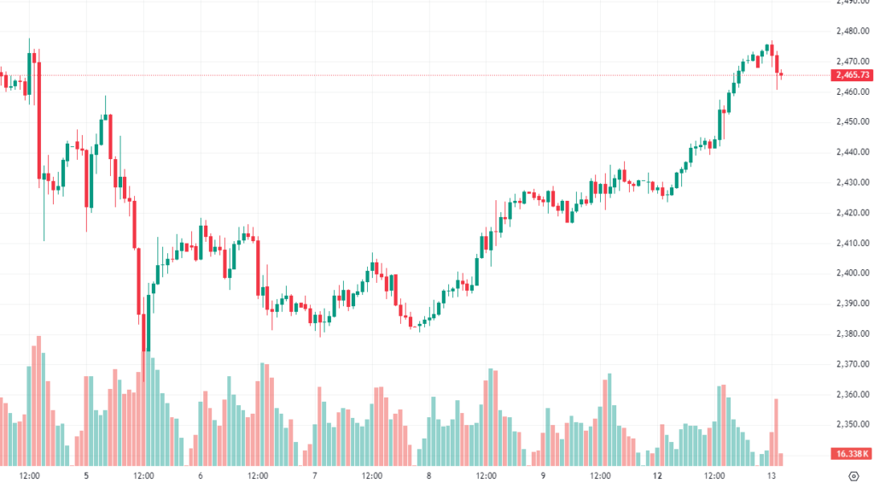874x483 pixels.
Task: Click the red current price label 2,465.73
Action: pyautogui.click(x=853, y=75)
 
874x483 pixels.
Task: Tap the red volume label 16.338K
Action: pyautogui.click(x=853, y=454)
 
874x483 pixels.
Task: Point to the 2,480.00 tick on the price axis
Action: pyautogui.click(x=853, y=31)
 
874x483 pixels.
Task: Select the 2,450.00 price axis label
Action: pyautogui.click(x=853, y=121)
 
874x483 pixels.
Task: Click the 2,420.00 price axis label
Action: pyautogui.click(x=853, y=213)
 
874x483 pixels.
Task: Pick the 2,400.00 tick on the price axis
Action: pyautogui.click(x=853, y=274)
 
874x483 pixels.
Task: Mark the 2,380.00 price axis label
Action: pyautogui.click(x=853, y=333)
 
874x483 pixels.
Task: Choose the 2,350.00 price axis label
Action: pyautogui.click(x=853, y=425)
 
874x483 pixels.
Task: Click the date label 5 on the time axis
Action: pyautogui.click(x=86, y=474)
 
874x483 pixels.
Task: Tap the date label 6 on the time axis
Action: pyautogui.click(x=200, y=474)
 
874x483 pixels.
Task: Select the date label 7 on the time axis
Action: pyautogui.click(x=315, y=474)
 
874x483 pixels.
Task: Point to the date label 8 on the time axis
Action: pyautogui.click(x=428, y=474)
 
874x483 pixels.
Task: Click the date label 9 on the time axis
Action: pyautogui.click(x=543, y=474)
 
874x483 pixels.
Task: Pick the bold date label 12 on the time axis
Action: pyautogui.click(x=658, y=474)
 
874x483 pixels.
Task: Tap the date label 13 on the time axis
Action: pyautogui.click(x=772, y=474)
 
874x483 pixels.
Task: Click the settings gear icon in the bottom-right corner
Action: pyautogui.click(x=853, y=474)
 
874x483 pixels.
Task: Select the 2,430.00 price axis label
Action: pyautogui.click(x=853, y=182)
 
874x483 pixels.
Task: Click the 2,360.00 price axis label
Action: pyautogui.click(x=853, y=395)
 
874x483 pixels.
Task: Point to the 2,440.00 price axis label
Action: pyautogui.click(x=853, y=152)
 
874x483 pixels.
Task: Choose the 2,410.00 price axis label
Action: pyautogui.click(x=853, y=243)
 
